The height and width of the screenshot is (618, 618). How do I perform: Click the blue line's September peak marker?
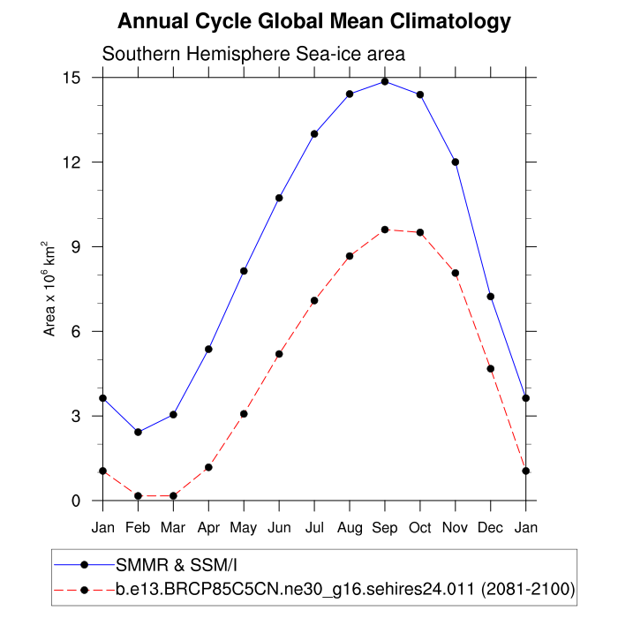(x=385, y=81)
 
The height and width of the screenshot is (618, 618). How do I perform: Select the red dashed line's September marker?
(x=385, y=230)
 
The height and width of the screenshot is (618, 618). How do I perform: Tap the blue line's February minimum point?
(x=138, y=432)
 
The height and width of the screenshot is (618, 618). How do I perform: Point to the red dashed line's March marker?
(x=173, y=496)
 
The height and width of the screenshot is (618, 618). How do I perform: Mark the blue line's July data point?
(x=314, y=133)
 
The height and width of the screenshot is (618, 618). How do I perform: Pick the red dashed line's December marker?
(x=491, y=368)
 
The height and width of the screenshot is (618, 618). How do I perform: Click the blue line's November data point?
(x=456, y=162)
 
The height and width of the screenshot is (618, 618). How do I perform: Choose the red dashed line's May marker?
(x=244, y=414)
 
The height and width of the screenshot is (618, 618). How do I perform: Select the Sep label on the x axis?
(x=385, y=528)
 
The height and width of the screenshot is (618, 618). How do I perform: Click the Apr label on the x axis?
(x=208, y=528)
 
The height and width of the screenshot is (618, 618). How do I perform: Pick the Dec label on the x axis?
(x=491, y=528)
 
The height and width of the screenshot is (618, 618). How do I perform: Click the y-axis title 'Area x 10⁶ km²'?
(x=50, y=289)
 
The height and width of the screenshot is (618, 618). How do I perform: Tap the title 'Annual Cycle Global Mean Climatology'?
(x=314, y=21)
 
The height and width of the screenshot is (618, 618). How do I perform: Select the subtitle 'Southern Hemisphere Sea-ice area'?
(x=253, y=54)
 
